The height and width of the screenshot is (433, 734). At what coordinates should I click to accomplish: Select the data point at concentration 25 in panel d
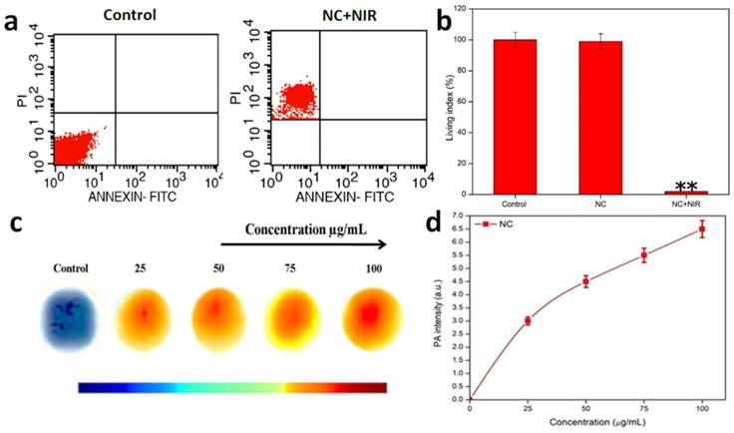pos(528,320)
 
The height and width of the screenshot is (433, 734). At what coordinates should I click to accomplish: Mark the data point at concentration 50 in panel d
pos(585,281)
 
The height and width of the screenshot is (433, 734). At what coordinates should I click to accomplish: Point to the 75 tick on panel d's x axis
pos(644,407)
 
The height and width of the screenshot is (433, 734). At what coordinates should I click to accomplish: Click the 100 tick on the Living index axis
pos(476,40)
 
